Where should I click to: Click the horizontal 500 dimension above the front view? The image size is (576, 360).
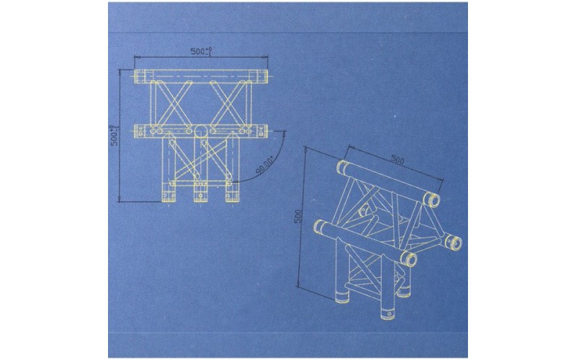(200, 51)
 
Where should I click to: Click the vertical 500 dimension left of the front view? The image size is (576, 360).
(114, 137)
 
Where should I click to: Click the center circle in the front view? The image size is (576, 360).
(201, 130)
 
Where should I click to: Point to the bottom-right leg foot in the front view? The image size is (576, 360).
(231, 194)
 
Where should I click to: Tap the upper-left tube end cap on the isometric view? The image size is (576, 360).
(341, 168)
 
